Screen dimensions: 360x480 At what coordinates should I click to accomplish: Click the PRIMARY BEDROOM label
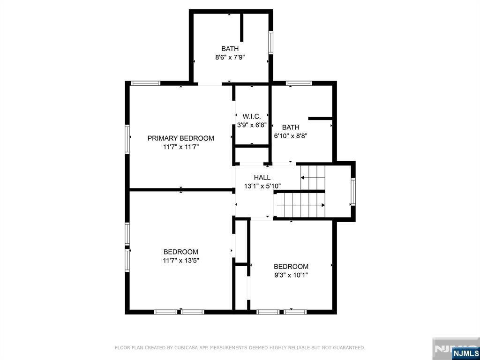180,138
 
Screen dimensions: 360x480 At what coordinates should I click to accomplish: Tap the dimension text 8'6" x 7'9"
230,57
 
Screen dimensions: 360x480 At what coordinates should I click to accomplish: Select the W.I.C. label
252,116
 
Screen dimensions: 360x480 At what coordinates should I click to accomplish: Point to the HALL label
262,178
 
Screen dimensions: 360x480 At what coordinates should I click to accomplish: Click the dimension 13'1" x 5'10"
262,186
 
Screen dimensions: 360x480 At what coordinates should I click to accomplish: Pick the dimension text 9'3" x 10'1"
291,275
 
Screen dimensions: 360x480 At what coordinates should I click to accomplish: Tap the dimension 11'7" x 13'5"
180,260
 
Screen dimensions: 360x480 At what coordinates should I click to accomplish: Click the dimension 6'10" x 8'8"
291,135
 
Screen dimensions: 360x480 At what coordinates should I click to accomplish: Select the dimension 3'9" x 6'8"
252,125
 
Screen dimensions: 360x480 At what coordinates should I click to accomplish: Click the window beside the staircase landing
353,191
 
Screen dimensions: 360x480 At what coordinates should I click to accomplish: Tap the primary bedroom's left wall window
127,139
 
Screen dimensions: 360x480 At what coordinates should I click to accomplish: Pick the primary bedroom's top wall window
145,83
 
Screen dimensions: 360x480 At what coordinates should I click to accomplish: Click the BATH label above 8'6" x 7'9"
230,49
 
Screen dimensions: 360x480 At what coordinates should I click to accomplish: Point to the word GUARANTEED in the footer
347,348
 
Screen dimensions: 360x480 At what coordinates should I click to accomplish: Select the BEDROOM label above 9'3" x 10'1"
291,267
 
